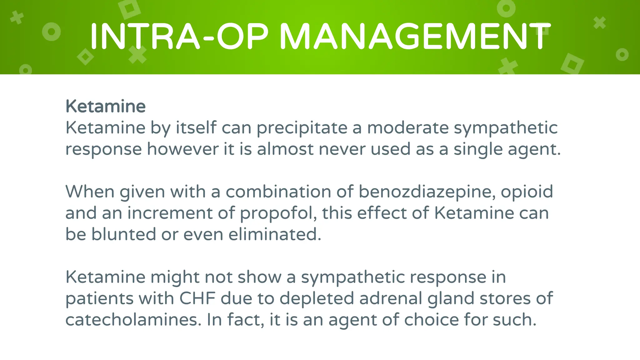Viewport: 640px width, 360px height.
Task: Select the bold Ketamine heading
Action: pos(105,106)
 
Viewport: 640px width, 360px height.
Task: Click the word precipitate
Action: pos(302,128)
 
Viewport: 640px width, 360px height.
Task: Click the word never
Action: pos(342,149)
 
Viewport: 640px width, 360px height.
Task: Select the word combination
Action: pos(278,192)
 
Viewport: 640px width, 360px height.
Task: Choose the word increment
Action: pos(170,213)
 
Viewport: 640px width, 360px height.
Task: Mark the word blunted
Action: pos(123,234)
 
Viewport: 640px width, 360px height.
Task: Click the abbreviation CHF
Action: pos(197,298)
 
